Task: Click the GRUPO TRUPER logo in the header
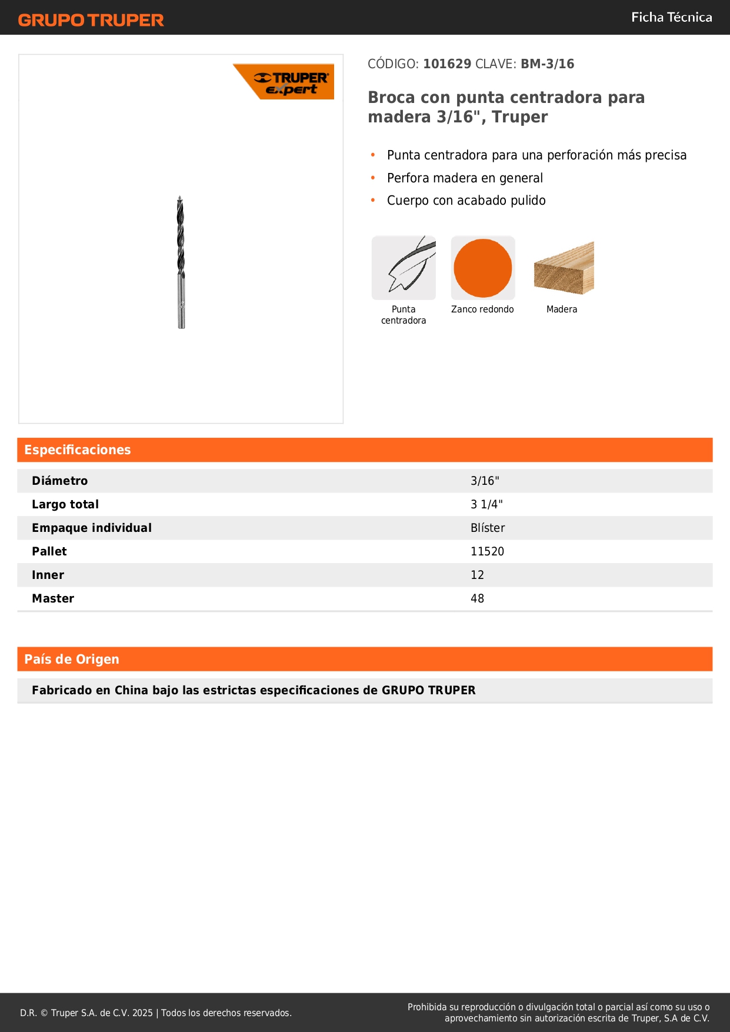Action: pos(91,20)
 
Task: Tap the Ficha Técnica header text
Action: pos(671,18)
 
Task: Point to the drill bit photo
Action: pos(181,262)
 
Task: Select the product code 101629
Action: pos(447,64)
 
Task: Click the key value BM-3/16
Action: pos(547,64)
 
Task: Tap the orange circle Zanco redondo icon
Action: pos(483,268)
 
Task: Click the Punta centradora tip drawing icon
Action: pos(404,268)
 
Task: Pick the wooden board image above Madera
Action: pos(564,268)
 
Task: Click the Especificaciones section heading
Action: pos(78,450)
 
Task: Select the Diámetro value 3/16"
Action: pos(485,481)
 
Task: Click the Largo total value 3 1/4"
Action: pos(486,504)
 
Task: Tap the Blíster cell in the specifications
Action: pos(488,528)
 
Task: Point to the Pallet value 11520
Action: pos(487,551)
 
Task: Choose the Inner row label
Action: pos(48,575)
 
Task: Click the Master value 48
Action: pos(477,598)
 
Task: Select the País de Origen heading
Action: pos(72,660)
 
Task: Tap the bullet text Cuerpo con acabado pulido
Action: pos(466,201)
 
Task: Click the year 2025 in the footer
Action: pos(142,1013)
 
